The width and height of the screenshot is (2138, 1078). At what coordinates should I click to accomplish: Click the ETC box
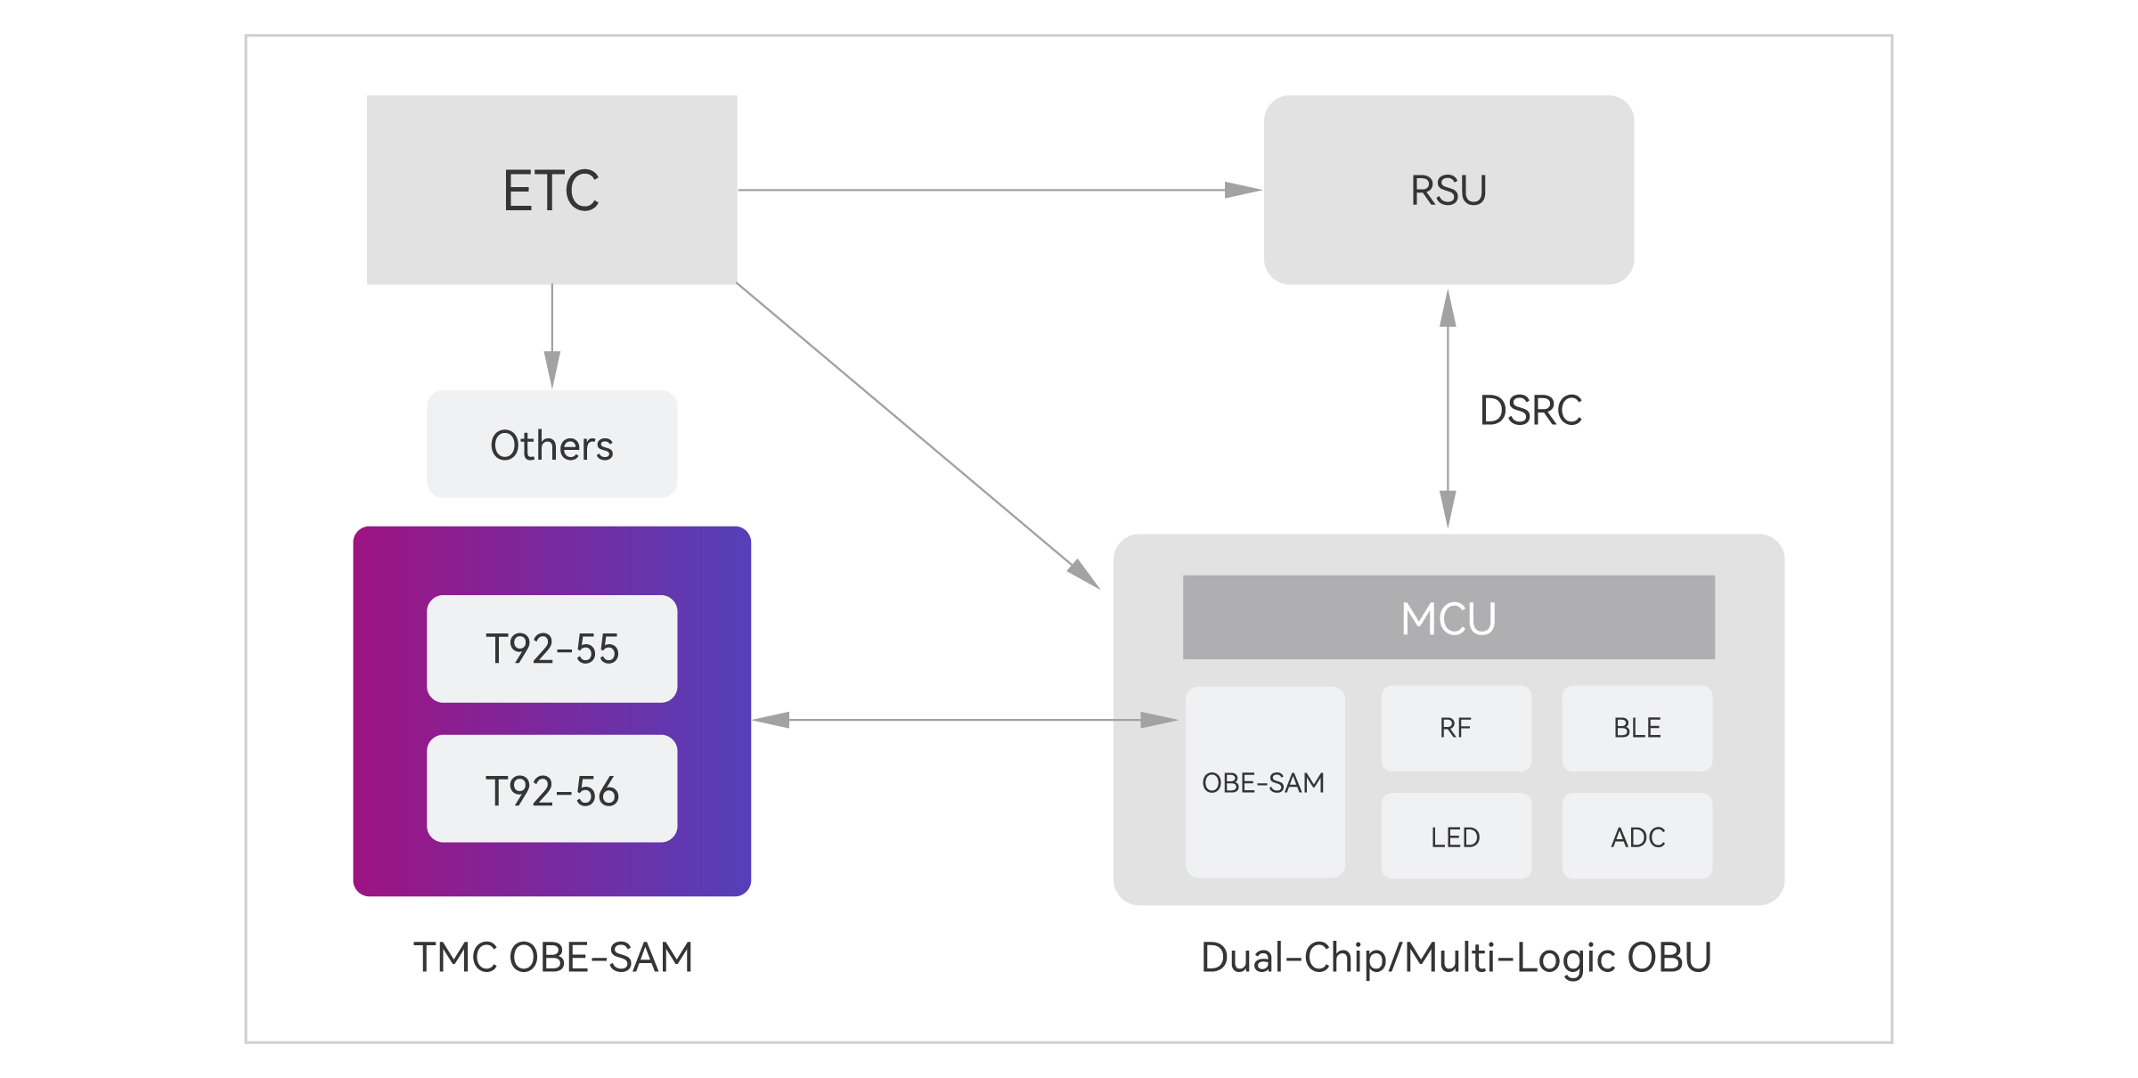tap(551, 190)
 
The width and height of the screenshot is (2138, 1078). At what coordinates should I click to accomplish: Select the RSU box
tap(1448, 190)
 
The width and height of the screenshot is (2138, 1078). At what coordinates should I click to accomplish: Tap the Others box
tap(551, 444)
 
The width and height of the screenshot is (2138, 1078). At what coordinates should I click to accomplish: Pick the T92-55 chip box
tap(551, 649)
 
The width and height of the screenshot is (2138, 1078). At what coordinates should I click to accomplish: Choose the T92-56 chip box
tap(551, 788)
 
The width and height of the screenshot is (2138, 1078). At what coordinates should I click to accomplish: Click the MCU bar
tap(1448, 617)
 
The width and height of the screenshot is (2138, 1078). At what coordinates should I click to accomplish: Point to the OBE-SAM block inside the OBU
tap(1265, 782)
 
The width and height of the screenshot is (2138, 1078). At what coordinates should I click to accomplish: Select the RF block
tap(1457, 728)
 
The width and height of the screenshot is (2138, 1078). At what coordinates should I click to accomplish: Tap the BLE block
tap(1637, 728)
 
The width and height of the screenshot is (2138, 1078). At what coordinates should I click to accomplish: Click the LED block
tap(1457, 836)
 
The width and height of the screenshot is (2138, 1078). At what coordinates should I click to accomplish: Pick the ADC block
tap(1637, 836)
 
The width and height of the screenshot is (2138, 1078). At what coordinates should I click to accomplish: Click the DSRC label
tap(1530, 411)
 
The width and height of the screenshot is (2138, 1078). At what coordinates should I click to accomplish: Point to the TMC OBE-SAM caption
tap(553, 958)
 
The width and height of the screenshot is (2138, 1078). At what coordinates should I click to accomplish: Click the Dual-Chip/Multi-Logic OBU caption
tap(1457, 959)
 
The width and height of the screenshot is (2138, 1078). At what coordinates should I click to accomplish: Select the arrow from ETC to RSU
tap(1000, 190)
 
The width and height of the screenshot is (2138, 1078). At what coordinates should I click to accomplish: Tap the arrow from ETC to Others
tap(552, 337)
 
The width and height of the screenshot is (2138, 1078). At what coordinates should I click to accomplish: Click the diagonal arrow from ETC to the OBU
tap(918, 436)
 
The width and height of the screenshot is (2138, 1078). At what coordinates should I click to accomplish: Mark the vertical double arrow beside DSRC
tap(1448, 409)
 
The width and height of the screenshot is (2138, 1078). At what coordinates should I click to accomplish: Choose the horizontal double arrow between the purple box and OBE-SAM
tap(966, 720)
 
